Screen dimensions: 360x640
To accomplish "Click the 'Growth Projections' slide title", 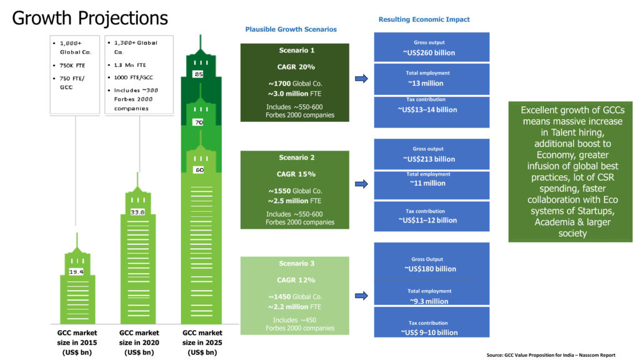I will [x=90, y=18].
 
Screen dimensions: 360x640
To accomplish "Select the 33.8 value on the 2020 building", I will [x=138, y=212].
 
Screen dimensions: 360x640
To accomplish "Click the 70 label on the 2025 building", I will [x=198, y=123].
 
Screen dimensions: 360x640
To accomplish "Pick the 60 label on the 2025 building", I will [x=198, y=170].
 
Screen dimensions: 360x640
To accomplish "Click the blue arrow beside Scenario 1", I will [x=361, y=79].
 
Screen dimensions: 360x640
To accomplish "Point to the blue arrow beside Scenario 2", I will [x=361, y=184].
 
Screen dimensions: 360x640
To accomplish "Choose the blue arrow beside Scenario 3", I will [x=361, y=295].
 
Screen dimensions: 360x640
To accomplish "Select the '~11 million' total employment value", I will [x=428, y=184].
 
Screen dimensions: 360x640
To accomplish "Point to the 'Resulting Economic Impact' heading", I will [x=424, y=19].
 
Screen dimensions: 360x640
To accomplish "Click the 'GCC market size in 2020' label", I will [x=139, y=342].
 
